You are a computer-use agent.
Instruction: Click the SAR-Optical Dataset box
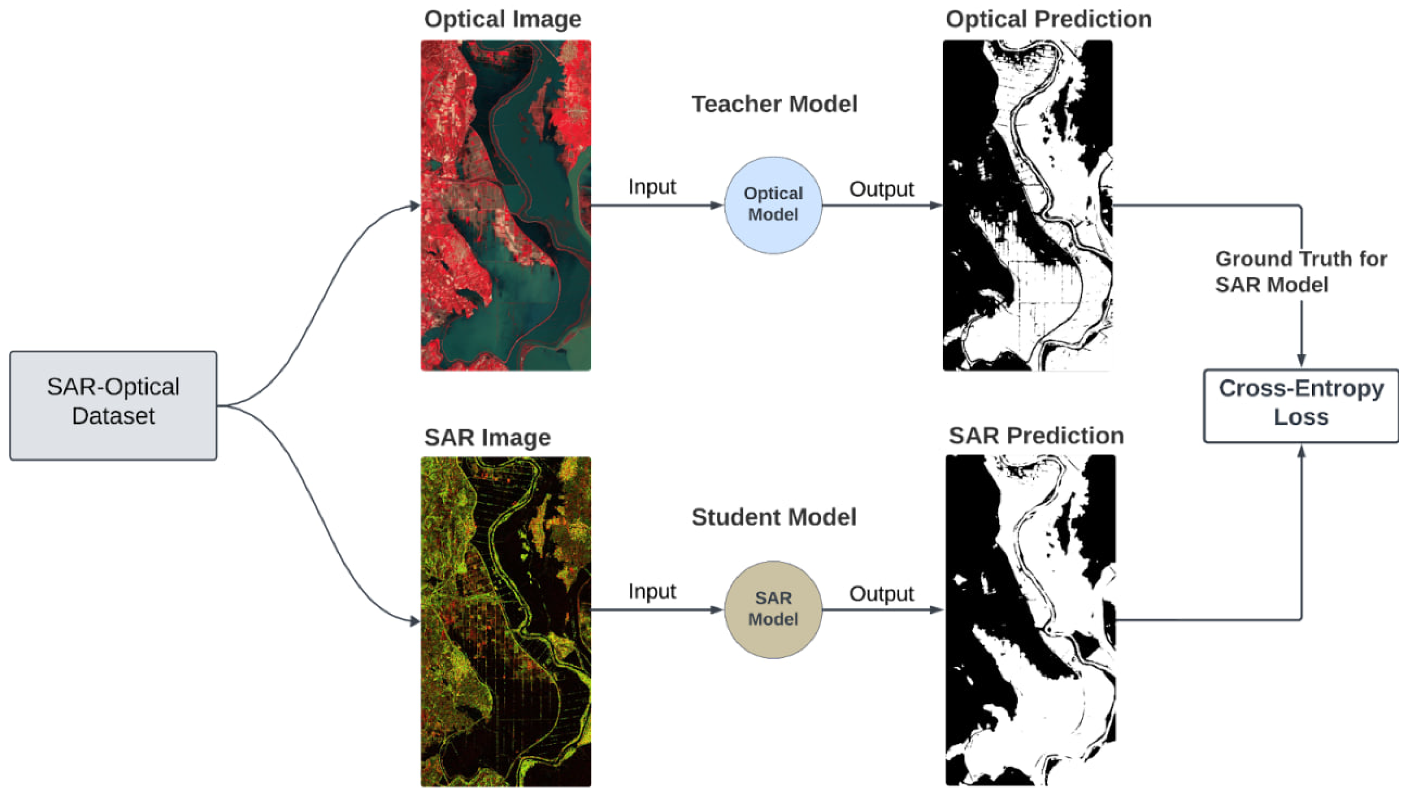(113, 406)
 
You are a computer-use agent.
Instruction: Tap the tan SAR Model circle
(773, 610)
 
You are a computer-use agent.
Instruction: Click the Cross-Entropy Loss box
(1301, 406)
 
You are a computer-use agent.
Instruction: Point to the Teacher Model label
(774, 104)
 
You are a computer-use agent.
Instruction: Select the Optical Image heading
(502, 19)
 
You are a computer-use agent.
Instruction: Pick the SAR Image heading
(487, 437)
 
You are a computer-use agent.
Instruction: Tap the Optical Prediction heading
(1048, 19)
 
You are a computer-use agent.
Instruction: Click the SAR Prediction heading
(1036, 436)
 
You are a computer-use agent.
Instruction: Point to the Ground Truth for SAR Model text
(1301, 272)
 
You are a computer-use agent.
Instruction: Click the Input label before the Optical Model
(652, 186)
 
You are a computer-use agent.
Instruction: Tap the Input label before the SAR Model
(652, 591)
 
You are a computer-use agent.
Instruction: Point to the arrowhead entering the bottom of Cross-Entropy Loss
(1301, 452)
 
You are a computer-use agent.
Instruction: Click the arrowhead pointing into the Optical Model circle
(716, 205)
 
